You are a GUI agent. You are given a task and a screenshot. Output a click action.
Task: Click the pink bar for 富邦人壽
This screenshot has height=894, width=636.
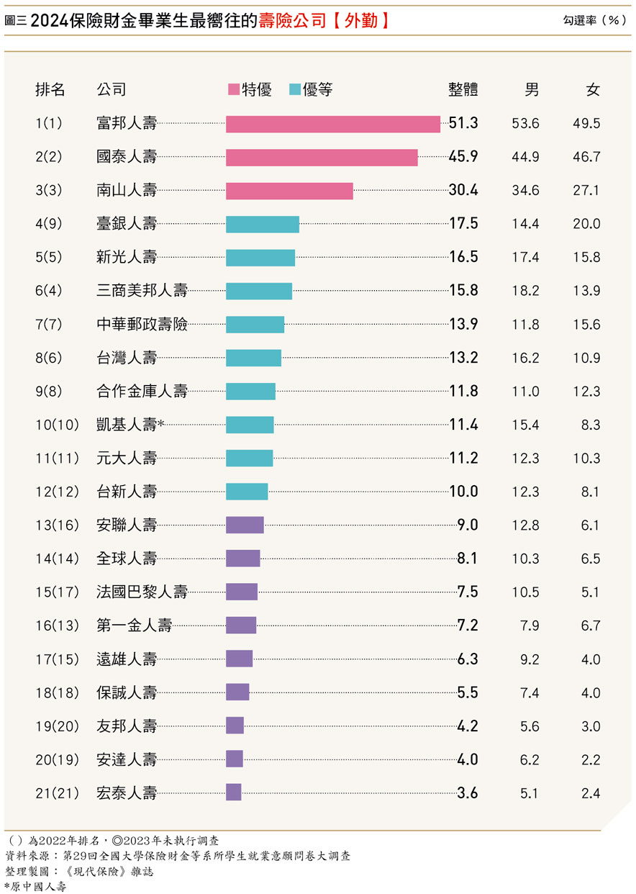(332, 124)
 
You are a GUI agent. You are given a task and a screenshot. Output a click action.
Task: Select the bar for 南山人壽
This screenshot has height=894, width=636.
(289, 191)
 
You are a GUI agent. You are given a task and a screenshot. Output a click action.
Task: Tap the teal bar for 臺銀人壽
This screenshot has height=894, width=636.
(263, 224)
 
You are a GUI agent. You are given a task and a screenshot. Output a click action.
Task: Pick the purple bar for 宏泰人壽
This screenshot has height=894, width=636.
(234, 793)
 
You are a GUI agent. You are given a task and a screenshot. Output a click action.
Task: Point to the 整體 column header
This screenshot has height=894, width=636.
(463, 90)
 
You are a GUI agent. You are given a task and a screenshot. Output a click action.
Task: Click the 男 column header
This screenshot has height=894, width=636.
(531, 90)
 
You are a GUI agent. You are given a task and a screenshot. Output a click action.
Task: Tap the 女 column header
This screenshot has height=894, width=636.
(592, 90)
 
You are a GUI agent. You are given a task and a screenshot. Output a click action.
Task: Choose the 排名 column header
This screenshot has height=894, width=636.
(50, 90)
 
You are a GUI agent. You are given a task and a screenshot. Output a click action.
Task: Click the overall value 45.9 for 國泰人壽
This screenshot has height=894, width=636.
(463, 157)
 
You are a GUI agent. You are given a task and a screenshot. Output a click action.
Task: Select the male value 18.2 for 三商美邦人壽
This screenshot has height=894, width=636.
(525, 291)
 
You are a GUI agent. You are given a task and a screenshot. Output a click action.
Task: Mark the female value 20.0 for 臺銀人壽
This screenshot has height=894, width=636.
(586, 224)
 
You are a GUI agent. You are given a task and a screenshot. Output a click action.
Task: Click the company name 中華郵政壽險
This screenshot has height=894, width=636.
(142, 325)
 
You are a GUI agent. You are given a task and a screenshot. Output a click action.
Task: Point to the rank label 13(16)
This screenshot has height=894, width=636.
(58, 525)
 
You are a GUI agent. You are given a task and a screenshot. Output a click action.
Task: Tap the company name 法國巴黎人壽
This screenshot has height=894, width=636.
(142, 592)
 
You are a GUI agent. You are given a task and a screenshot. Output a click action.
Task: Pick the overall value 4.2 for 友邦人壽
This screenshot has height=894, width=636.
(468, 726)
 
